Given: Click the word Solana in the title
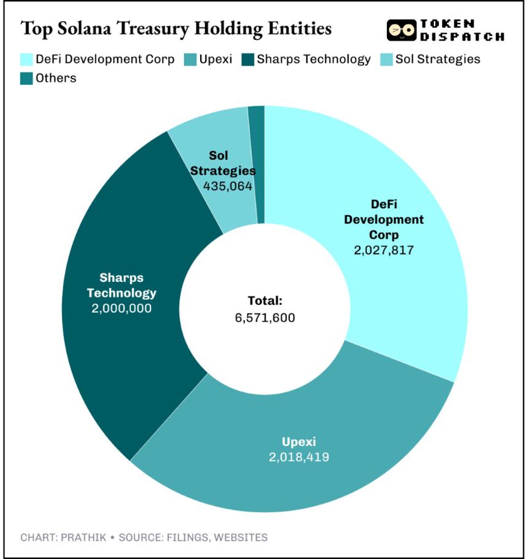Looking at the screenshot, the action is [85, 28].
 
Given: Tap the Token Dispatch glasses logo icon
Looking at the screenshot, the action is [402, 30].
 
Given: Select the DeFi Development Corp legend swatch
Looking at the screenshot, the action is [26, 60].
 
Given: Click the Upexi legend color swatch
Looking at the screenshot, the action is [190, 60].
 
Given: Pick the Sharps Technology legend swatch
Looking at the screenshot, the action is [247, 60].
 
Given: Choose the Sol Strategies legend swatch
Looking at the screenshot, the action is [386, 60].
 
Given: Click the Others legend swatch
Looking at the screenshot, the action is [26, 79].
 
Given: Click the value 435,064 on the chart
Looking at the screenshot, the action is [228, 186].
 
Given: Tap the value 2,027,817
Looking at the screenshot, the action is [384, 250].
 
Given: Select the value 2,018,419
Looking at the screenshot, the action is [299, 457].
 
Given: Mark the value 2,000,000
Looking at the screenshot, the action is [122, 308].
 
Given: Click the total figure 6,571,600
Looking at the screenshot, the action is [265, 318].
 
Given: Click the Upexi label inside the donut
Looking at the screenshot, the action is [299, 442].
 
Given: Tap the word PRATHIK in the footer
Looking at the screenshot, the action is [83, 537].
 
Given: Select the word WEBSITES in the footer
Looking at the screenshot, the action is [241, 537].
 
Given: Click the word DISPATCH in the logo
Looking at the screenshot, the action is [462, 36].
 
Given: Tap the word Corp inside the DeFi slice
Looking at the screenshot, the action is [384, 235].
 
